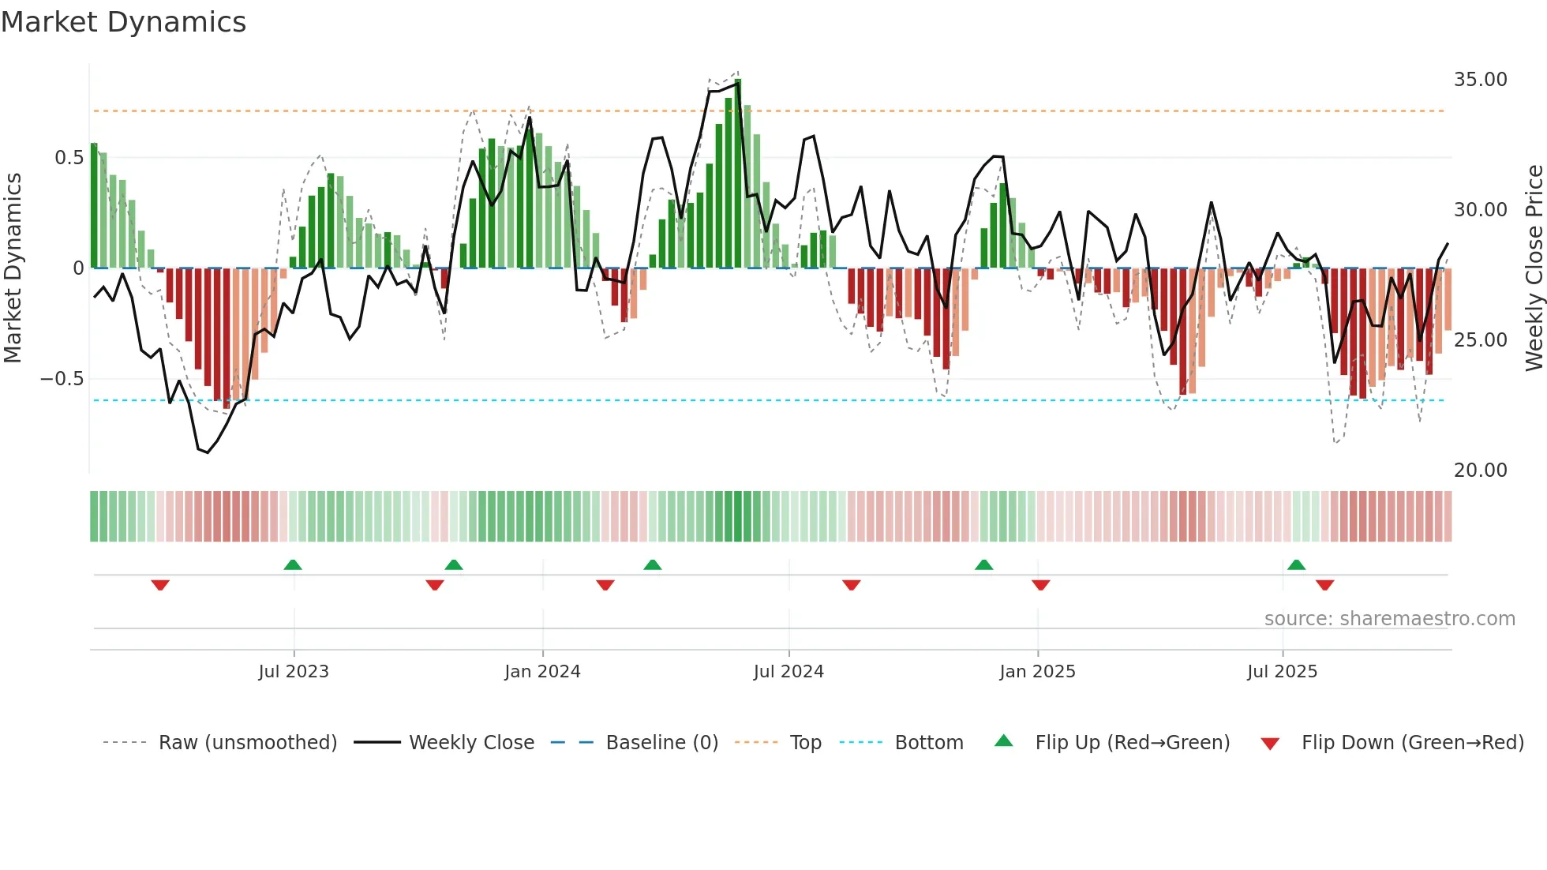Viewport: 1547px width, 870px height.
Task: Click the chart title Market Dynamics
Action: point(123,22)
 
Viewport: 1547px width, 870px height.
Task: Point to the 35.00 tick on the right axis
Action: point(1480,80)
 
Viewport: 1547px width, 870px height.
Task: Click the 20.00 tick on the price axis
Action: point(1480,471)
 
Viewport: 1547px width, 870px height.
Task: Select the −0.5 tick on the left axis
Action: point(62,379)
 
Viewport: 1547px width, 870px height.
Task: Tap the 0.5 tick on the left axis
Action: point(69,158)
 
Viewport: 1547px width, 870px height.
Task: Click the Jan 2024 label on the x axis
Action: point(542,672)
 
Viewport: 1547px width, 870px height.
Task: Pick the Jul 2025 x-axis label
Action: point(1282,672)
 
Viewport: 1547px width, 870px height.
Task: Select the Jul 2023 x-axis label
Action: point(294,672)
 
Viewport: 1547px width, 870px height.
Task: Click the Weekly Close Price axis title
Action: point(1534,268)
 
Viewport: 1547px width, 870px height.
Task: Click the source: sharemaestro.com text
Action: point(1389,619)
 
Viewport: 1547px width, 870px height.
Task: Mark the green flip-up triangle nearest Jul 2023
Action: point(293,564)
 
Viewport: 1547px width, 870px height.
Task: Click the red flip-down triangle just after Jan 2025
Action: point(1040,585)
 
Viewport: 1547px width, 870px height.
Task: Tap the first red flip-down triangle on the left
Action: point(160,585)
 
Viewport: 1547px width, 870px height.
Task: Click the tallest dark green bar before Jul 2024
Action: point(738,174)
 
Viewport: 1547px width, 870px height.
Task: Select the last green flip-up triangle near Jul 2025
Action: point(1296,564)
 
